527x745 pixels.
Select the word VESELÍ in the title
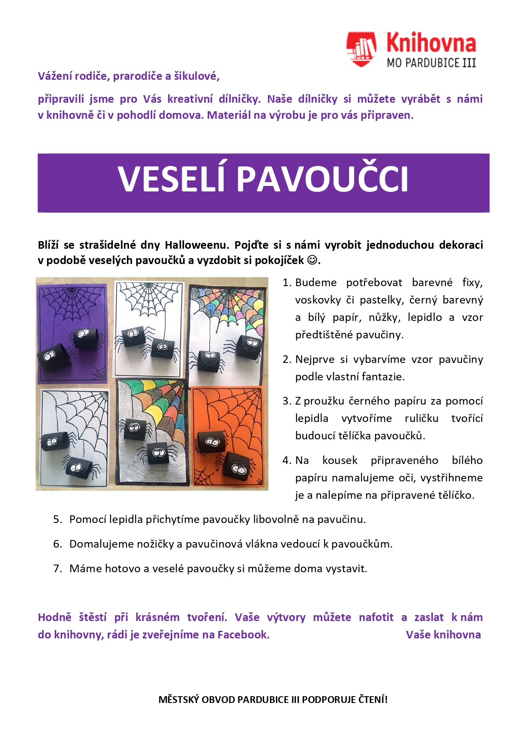click(x=171, y=179)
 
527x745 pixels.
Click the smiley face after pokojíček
click(x=312, y=260)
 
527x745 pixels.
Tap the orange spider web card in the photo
click(x=228, y=437)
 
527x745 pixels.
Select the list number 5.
click(x=57, y=520)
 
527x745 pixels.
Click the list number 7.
click(x=57, y=569)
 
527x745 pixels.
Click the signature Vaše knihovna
click(x=443, y=635)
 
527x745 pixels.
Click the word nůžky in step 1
click(x=384, y=318)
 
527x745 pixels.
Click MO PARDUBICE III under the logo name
click(x=431, y=63)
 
